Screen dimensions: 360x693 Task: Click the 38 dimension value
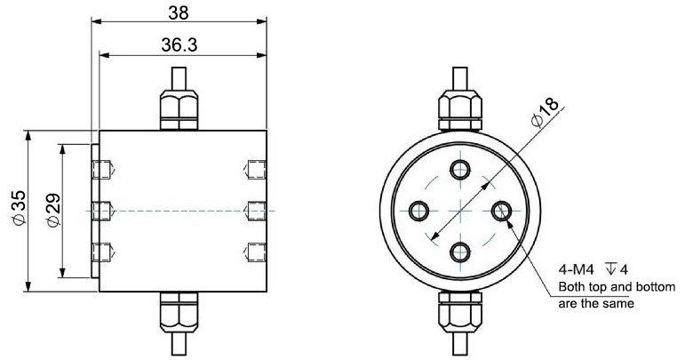click(180, 13)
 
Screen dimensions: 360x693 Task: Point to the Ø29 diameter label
click(51, 210)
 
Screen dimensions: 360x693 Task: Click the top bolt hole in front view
click(460, 170)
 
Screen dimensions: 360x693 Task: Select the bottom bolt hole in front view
click(460, 252)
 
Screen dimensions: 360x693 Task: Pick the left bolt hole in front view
click(419, 211)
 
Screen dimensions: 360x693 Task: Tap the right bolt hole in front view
click(501, 211)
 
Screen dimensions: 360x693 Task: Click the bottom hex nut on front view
click(460, 312)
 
